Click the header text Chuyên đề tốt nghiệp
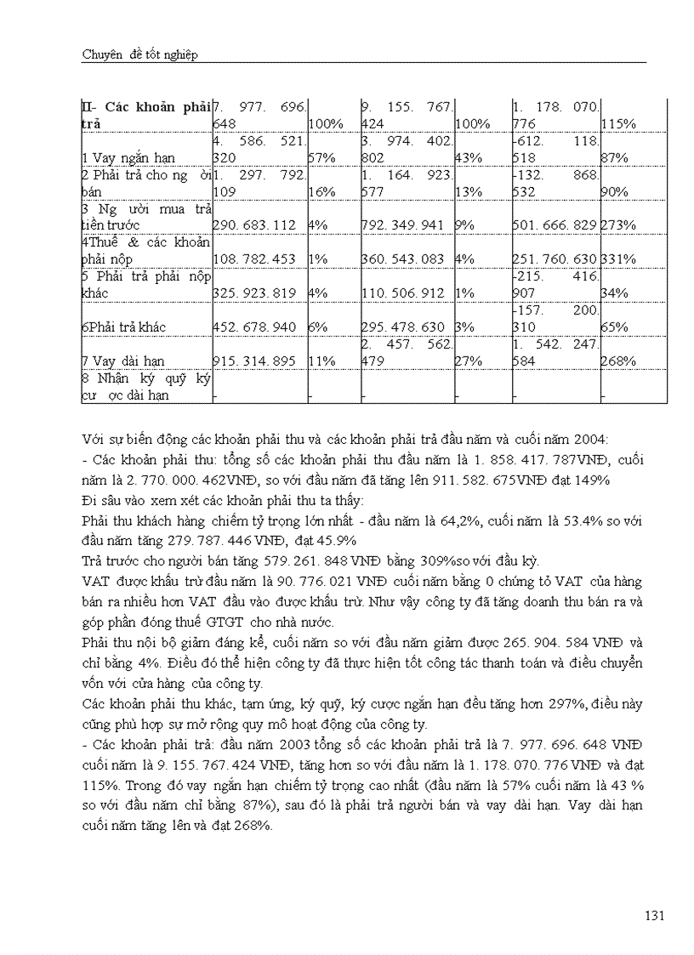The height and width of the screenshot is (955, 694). tap(139, 54)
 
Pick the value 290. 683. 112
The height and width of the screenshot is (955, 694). tap(254, 225)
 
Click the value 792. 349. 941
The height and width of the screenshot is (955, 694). tap(403, 225)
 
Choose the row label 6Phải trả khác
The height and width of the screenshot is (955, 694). tap(123, 327)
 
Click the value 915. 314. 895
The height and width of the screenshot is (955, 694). tap(254, 361)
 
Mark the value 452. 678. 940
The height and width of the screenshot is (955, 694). tap(254, 327)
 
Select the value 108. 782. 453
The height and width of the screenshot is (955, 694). tap(254, 259)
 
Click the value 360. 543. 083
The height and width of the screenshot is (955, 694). tap(403, 259)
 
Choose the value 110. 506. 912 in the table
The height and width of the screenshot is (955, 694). tap(403, 293)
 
